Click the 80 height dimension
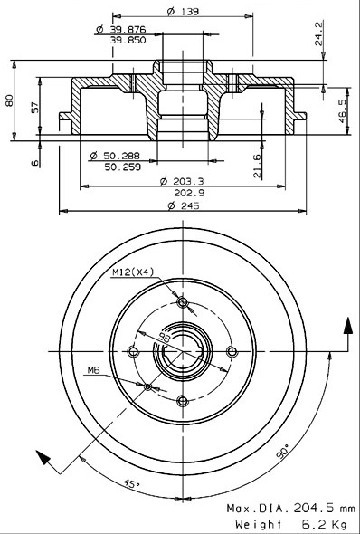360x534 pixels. pos(10,100)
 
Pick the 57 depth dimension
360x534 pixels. pos(34,108)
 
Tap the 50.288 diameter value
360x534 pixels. pos(121,156)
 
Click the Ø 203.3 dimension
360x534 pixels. pos(184,180)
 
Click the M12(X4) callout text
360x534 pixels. pos(131,272)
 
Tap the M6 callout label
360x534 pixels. pos(95,368)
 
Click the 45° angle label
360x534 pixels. pos(132,485)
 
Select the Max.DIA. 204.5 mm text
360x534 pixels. pos(290,510)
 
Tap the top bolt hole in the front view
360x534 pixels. pos(183,302)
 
